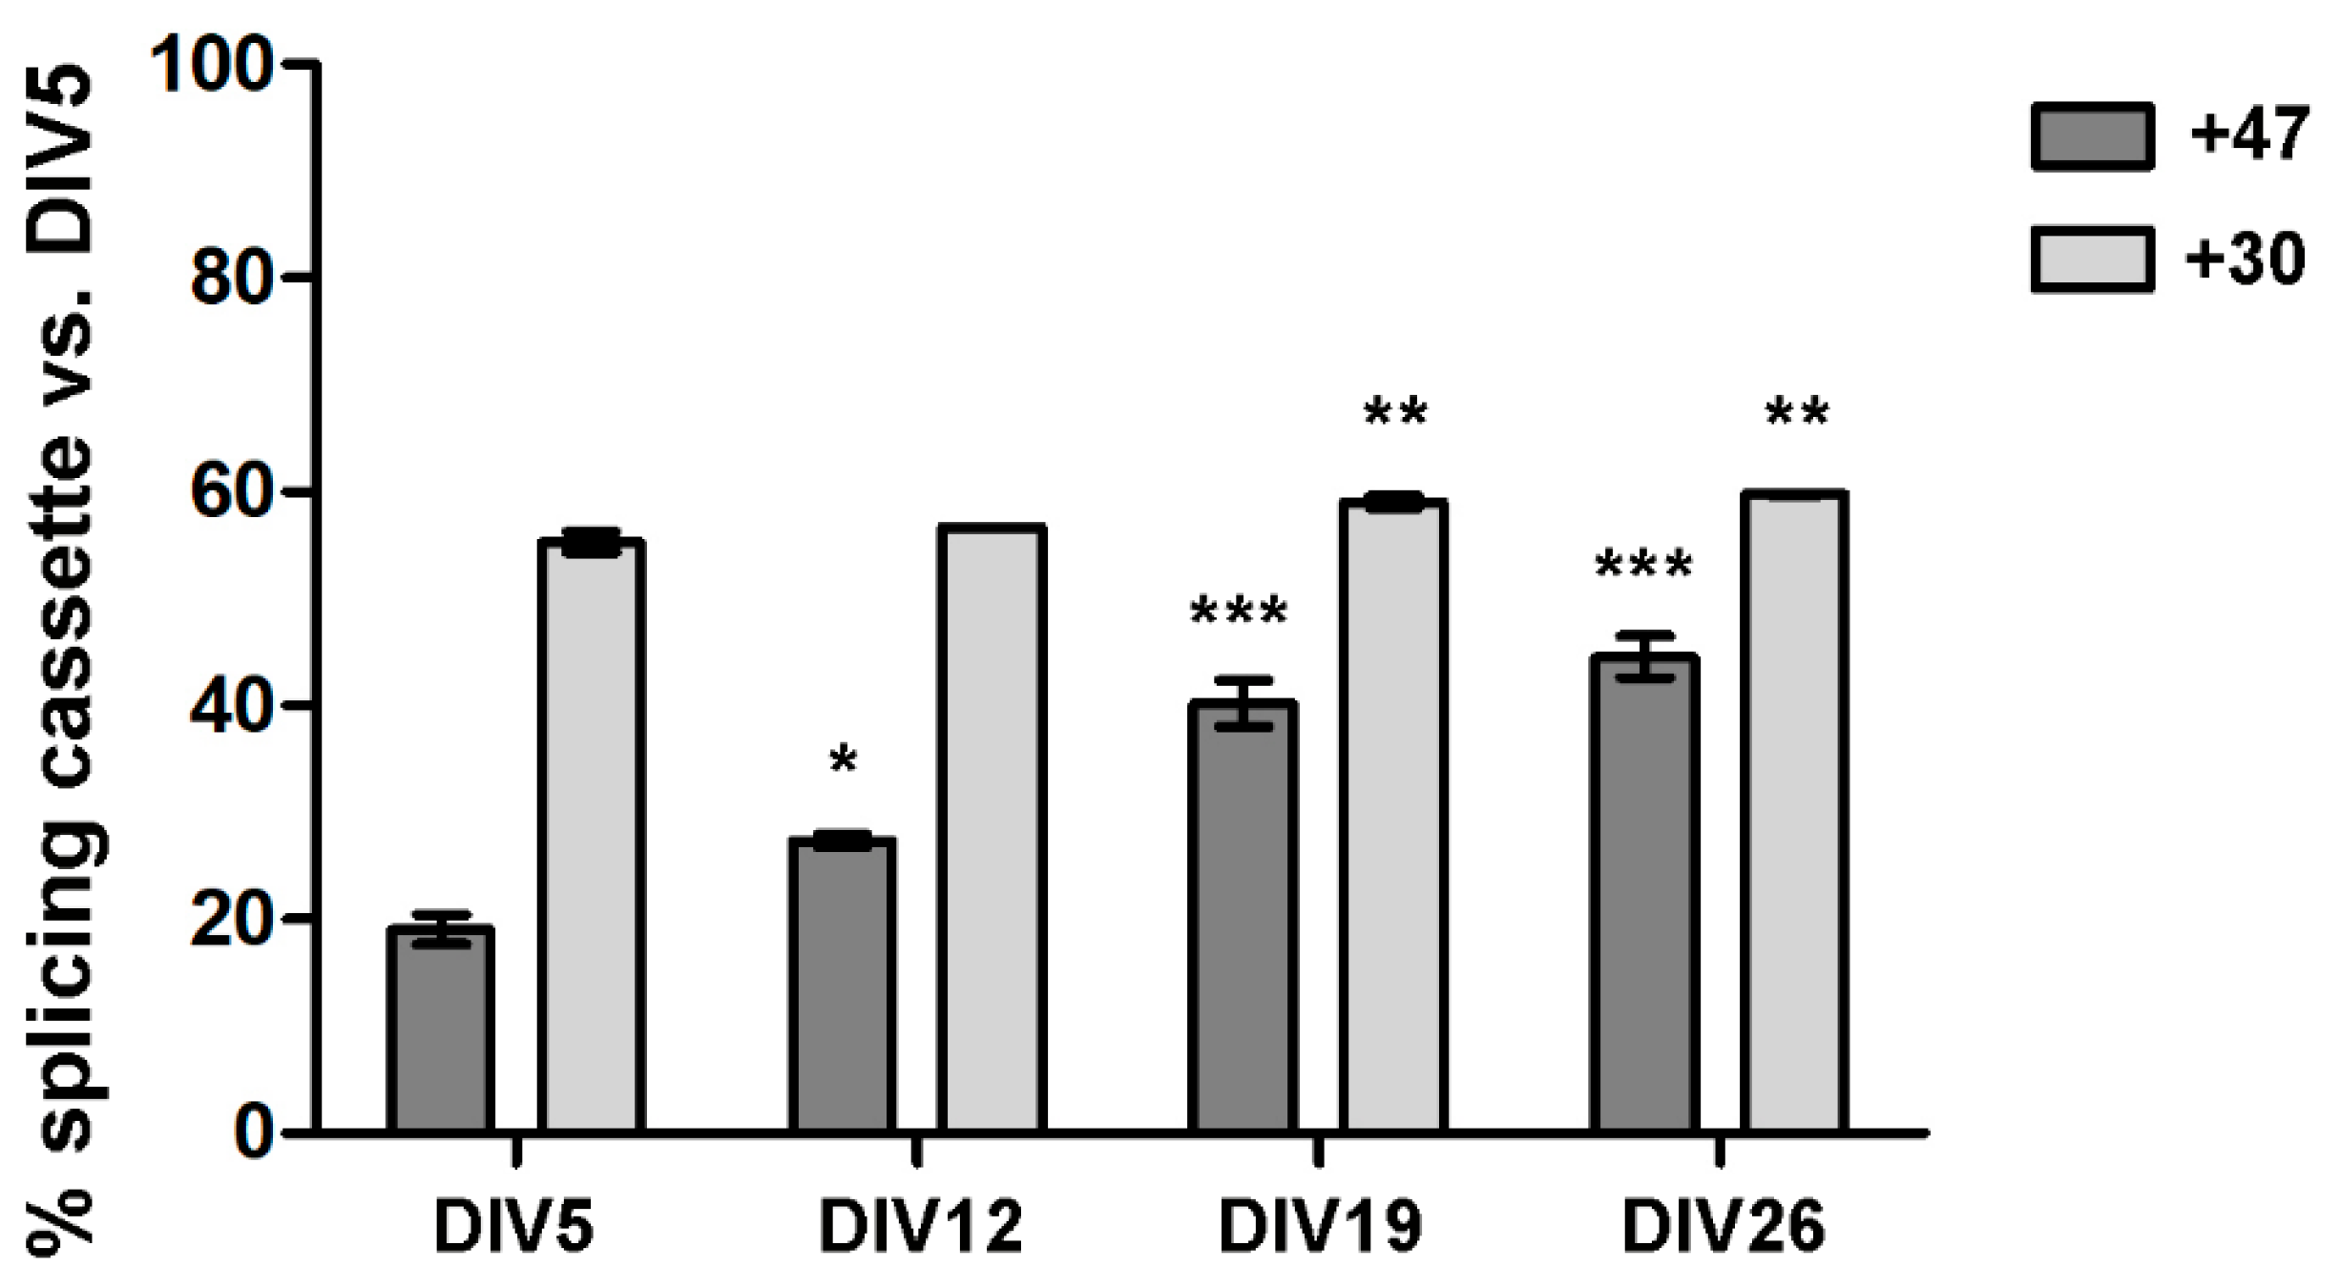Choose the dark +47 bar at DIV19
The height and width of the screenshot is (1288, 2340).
click(1243, 916)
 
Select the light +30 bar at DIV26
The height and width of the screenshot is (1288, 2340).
click(1794, 811)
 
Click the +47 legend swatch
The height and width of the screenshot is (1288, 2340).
click(2092, 136)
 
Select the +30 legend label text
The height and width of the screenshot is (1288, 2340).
click(2245, 259)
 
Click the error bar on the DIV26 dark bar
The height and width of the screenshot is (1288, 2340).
click(1644, 655)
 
